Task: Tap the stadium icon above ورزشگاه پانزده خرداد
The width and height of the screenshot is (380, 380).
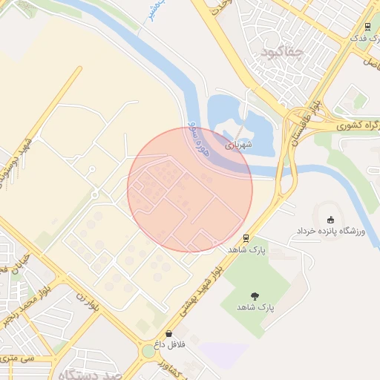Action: tap(330, 219)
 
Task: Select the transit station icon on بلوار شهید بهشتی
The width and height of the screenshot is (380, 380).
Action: tap(245, 237)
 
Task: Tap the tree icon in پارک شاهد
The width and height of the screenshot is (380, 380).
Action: tap(255, 295)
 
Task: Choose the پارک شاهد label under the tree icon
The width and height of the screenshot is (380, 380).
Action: tap(255, 307)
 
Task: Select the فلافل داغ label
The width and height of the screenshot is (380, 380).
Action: tap(168, 346)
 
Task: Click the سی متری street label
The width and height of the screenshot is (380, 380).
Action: tap(16, 358)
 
